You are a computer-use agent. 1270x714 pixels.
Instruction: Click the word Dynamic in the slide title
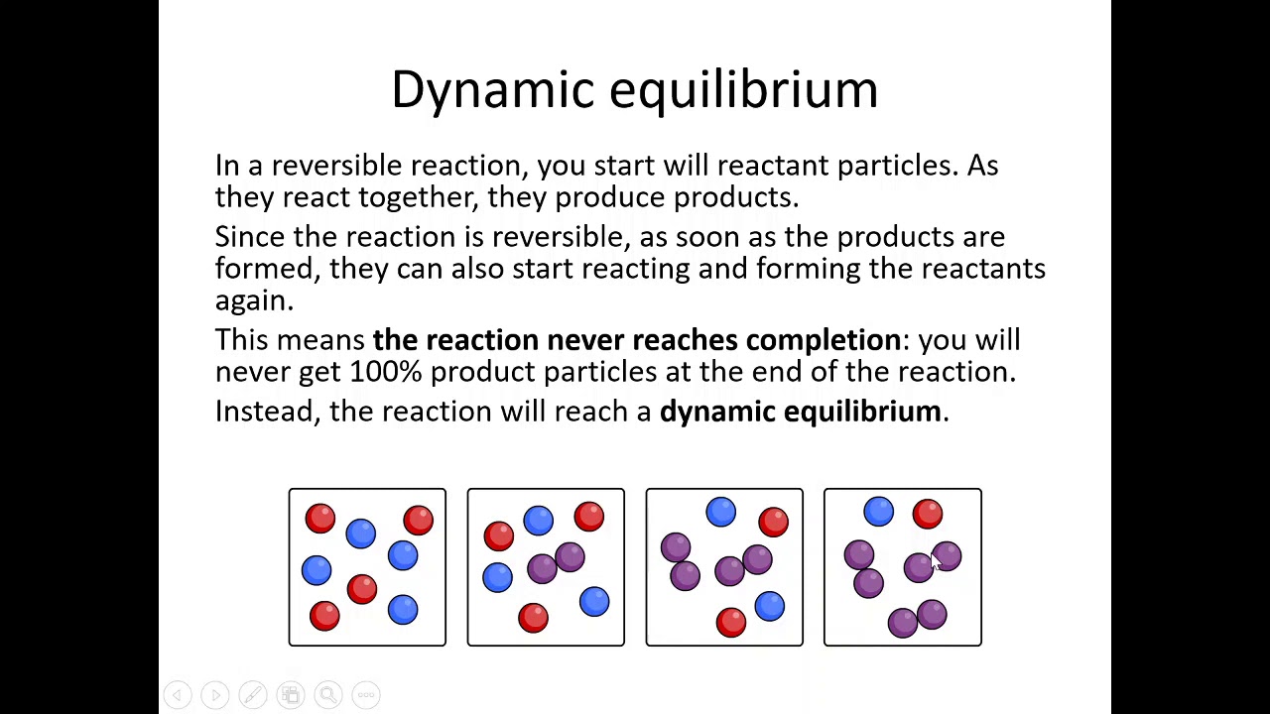493,90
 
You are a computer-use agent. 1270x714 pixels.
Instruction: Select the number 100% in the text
386,372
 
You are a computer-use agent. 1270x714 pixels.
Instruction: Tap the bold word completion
823,340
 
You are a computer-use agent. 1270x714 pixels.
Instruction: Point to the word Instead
265,412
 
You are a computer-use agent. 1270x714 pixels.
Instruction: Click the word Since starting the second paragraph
250,237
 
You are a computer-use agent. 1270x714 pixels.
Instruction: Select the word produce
609,197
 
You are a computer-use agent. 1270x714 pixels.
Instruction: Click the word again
253,300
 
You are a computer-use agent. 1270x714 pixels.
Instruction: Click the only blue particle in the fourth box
879,512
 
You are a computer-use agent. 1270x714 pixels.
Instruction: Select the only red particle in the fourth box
928,513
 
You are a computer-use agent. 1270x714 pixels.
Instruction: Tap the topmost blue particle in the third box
721,512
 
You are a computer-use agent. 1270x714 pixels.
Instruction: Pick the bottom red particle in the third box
731,621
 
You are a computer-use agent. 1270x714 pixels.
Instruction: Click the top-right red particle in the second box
589,516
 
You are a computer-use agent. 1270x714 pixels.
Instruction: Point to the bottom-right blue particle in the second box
594,601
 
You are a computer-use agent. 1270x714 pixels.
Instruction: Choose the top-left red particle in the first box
319,518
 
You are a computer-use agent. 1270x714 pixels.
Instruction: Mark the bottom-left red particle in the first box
324,616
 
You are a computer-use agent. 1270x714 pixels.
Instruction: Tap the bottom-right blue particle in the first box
403,609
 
